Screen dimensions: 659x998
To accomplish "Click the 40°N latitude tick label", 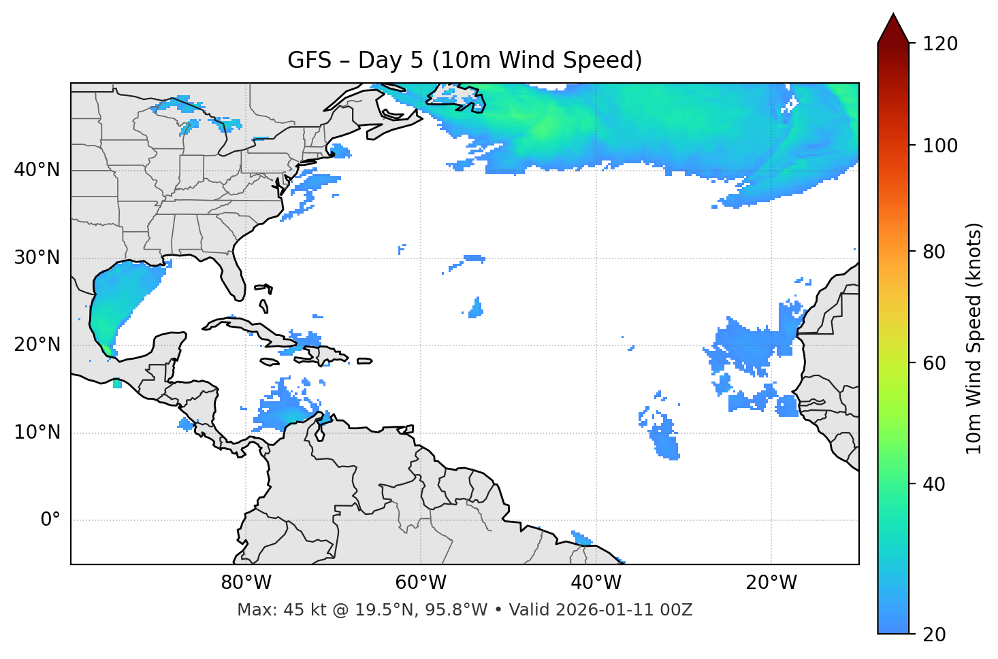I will [x=37, y=169].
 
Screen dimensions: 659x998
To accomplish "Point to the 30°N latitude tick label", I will [x=37, y=257].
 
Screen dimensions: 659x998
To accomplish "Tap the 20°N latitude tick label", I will [x=37, y=345].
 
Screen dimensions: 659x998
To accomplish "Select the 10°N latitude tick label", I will [x=37, y=432].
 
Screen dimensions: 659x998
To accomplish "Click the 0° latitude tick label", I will [x=50, y=520].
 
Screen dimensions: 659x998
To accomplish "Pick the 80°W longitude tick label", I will [x=246, y=582].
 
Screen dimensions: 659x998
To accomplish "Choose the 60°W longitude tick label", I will [x=421, y=582].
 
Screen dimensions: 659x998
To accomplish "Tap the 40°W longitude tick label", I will [x=596, y=582].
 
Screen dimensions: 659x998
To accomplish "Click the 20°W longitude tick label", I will [x=771, y=582].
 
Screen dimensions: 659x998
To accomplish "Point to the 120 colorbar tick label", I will [x=940, y=44].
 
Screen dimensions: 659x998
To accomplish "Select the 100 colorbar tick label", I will [x=940, y=146].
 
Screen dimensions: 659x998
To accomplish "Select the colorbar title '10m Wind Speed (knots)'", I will [x=974, y=339].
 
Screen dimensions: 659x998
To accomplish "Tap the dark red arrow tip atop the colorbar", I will [x=893, y=27].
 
